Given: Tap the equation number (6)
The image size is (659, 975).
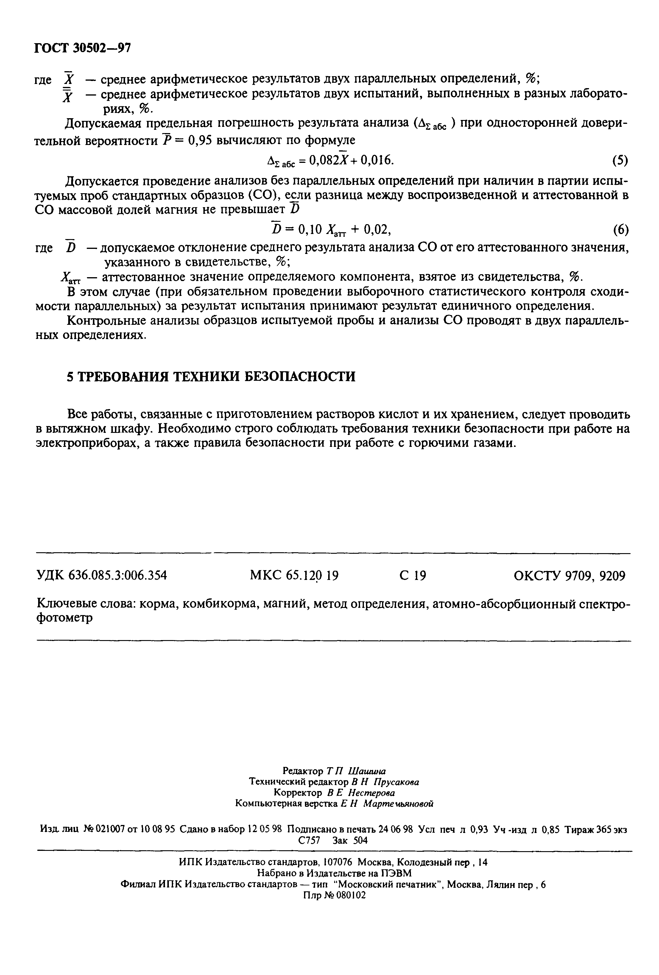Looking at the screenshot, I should point(620,230).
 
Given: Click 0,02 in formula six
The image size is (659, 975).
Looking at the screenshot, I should point(377,229).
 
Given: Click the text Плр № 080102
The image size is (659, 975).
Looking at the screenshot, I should point(334,895).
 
